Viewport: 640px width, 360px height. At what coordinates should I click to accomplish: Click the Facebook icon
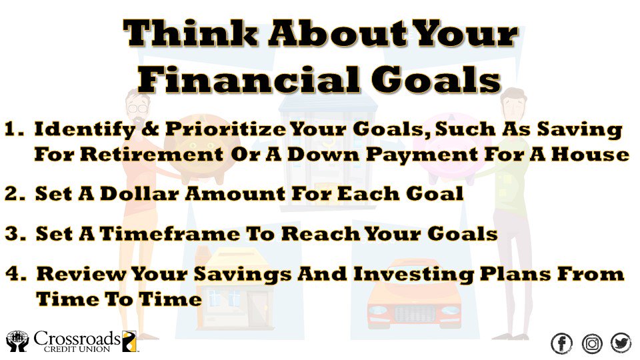(562, 343)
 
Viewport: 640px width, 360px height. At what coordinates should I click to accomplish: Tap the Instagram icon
(592, 343)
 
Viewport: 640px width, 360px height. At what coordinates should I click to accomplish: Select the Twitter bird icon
(621, 343)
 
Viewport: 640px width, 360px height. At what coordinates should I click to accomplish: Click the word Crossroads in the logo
(77, 338)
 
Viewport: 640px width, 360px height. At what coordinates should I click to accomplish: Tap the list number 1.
(15, 131)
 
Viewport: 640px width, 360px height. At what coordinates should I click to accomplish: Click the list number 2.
(15, 195)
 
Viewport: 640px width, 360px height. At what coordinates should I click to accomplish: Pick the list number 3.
(15, 234)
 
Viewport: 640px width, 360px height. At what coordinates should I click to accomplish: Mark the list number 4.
(15, 274)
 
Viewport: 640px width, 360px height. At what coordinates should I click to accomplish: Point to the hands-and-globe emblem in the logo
(17, 341)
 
